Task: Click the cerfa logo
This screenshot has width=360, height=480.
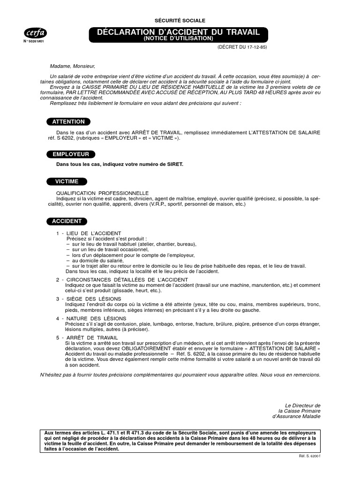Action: (x=35, y=32)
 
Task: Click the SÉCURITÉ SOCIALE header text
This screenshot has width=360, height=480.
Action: (x=180, y=21)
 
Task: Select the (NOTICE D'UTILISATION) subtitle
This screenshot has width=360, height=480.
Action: (x=178, y=38)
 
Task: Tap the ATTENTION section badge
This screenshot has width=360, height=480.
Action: (x=68, y=122)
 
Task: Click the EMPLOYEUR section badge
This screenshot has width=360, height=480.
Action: (x=71, y=154)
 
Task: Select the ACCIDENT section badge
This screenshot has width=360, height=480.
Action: (x=67, y=221)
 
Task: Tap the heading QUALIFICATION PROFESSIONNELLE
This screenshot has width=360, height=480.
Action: (x=102, y=193)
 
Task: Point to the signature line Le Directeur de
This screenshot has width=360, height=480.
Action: (x=303, y=405)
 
